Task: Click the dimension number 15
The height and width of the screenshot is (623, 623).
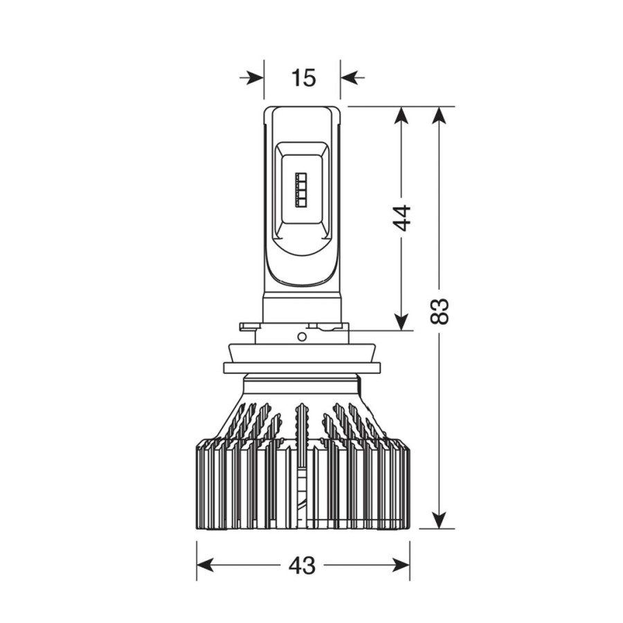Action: [303, 78]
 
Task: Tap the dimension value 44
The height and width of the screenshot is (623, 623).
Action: [401, 218]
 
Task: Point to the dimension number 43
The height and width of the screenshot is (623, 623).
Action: [302, 565]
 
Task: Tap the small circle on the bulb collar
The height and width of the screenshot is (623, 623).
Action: [302, 337]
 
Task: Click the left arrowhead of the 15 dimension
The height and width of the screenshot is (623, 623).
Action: [254, 78]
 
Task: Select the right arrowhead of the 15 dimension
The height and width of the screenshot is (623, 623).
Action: [350, 78]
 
